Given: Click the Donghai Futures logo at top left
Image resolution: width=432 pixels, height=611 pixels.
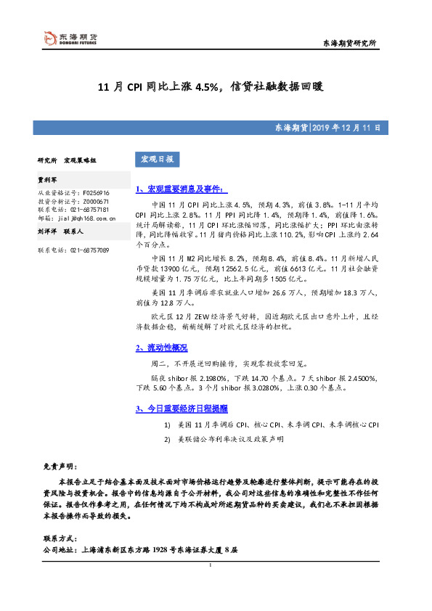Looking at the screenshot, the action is point(69,39).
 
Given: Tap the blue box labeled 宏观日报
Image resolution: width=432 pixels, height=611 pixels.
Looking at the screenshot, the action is point(156,159).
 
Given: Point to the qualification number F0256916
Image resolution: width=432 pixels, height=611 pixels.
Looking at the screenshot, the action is point(96,192).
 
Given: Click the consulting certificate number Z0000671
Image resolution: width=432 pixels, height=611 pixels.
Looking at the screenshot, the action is point(96,201).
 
